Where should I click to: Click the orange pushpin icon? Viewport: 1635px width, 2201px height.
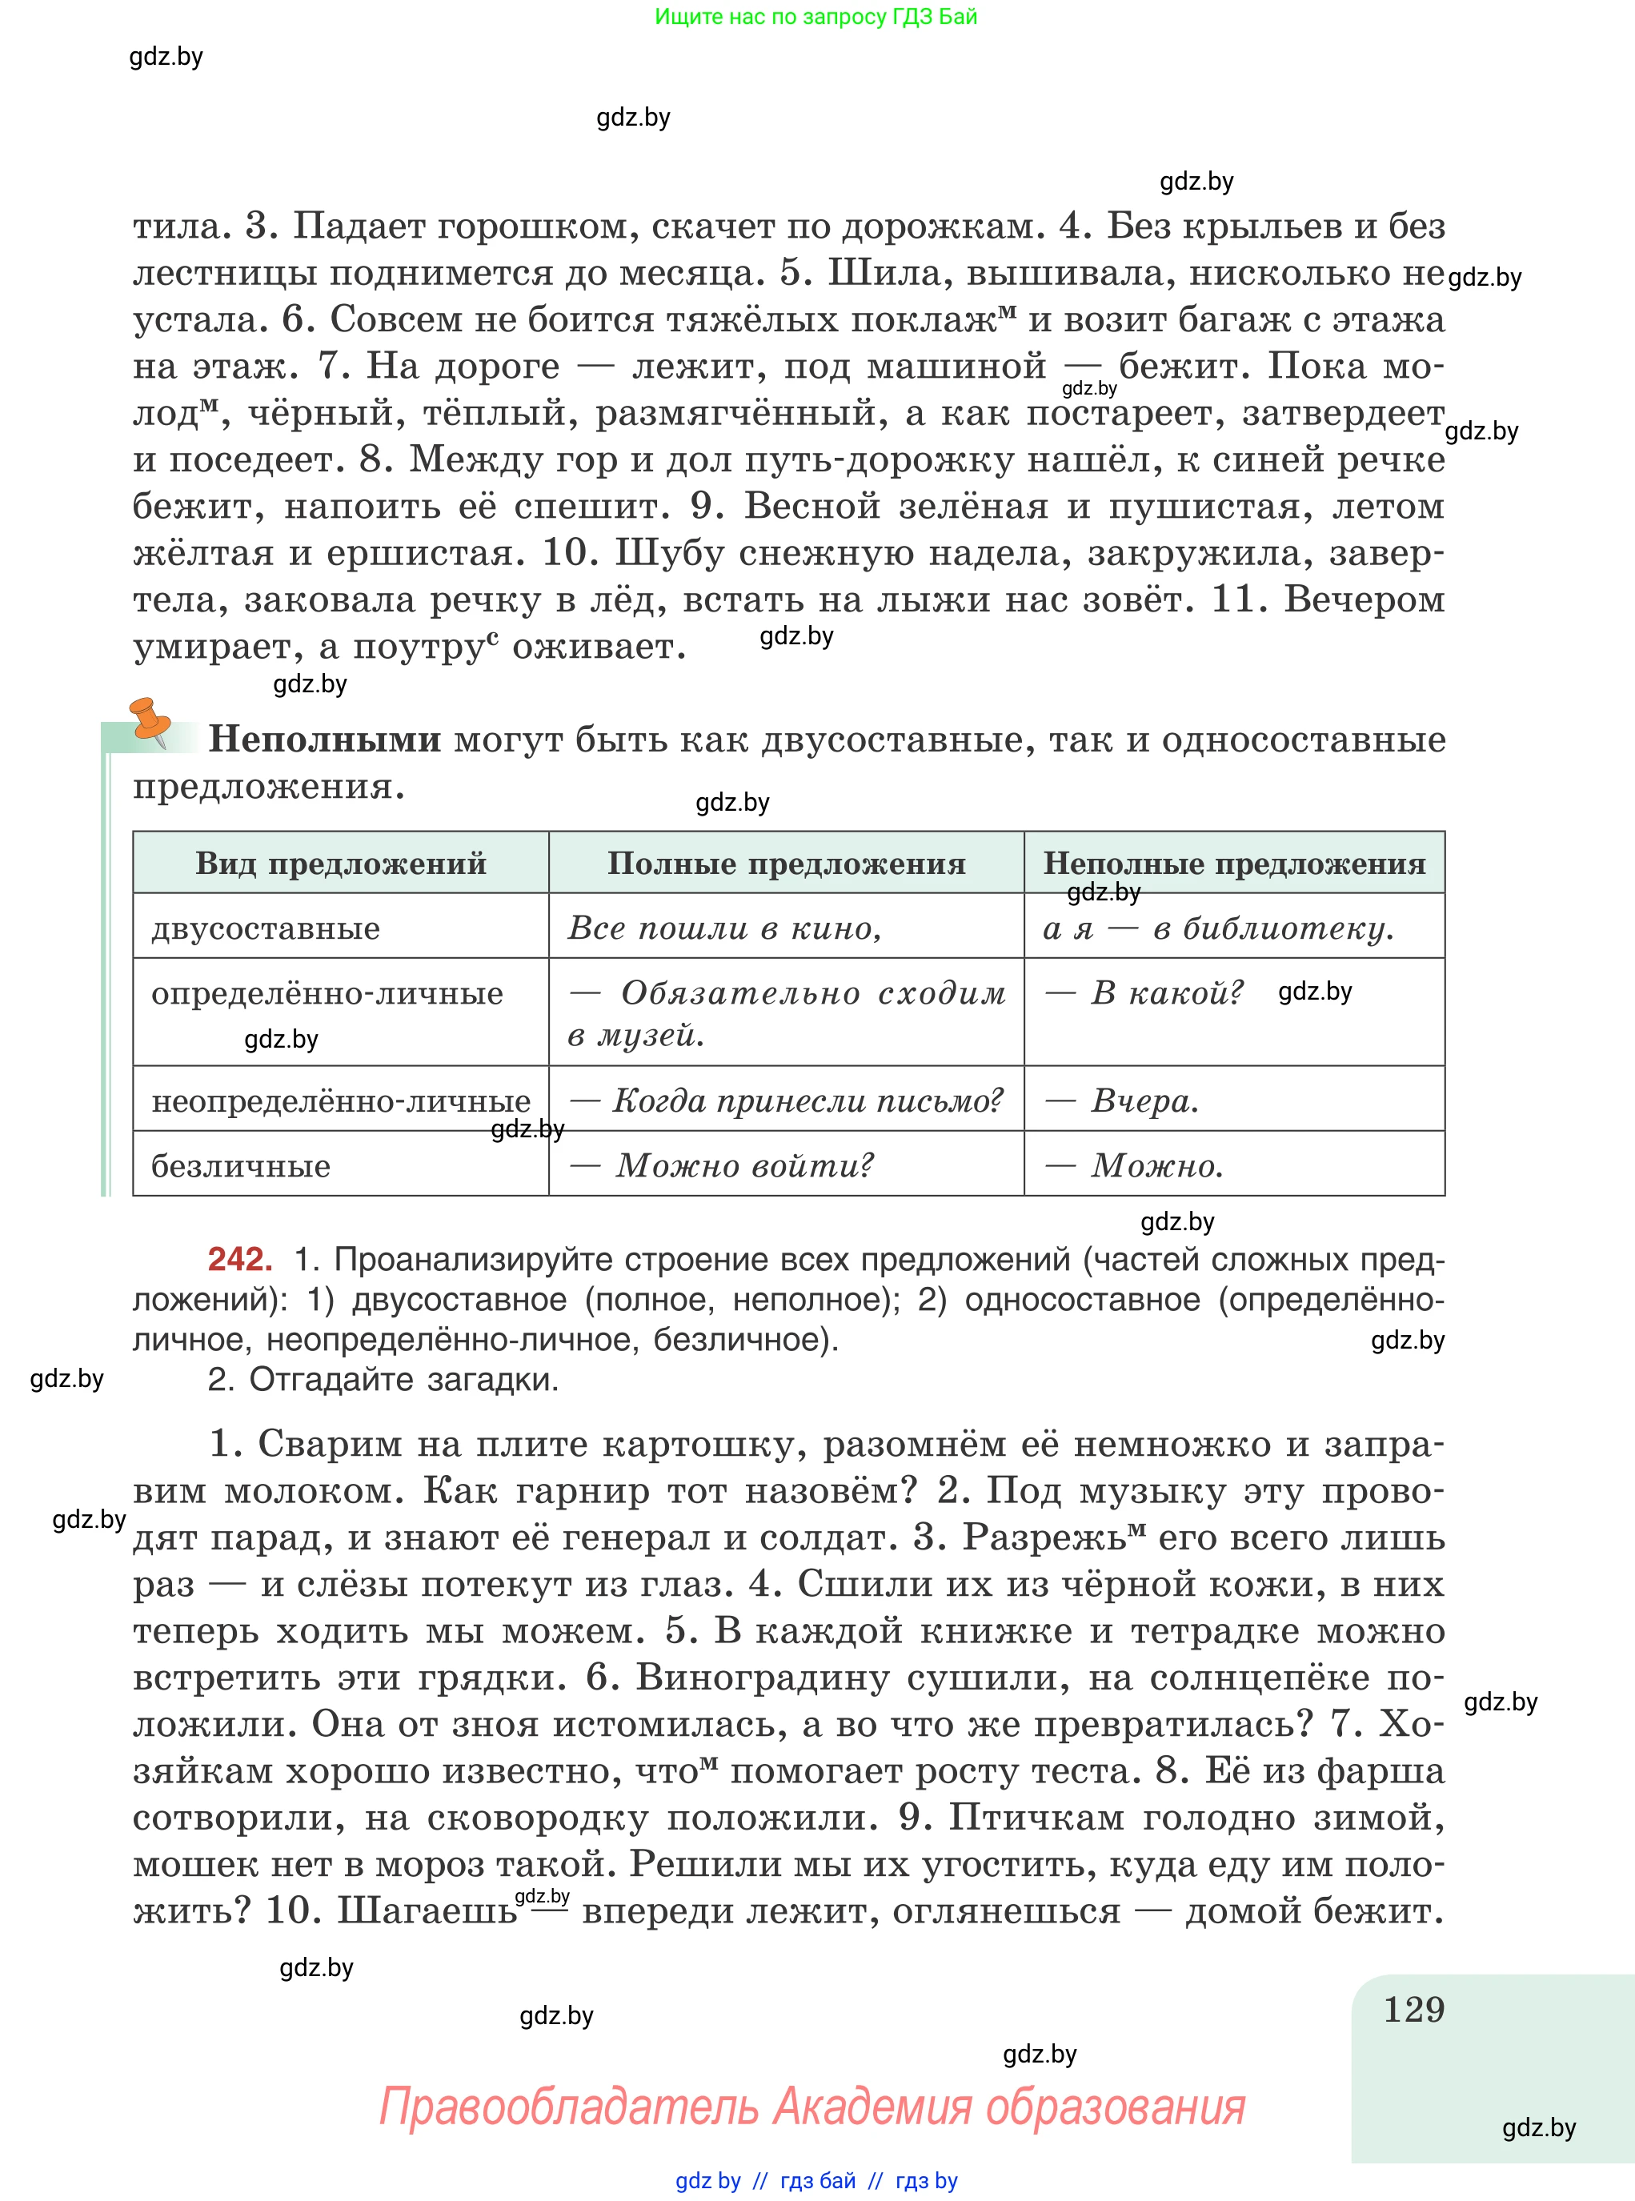pyautogui.click(x=150, y=720)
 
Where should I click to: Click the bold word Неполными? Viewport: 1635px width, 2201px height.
pyautogui.click(x=325, y=740)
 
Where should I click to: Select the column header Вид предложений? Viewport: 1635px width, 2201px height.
pyautogui.click(x=340, y=863)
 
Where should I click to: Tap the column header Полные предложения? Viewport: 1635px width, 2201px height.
pyautogui.click(x=786, y=863)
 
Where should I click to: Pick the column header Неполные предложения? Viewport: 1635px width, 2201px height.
pyautogui.click(x=1234, y=863)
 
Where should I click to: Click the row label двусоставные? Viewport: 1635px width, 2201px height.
pyautogui.click(x=265, y=928)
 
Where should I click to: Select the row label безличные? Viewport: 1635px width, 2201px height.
pyautogui.click(x=241, y=1166)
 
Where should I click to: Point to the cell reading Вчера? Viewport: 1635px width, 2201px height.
pyautogui.click(x=1144, y=1100)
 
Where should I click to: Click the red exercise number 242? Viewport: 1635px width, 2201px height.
pyautogui.click(x=239, y=1259)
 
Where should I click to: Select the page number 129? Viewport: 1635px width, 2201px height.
pyautogui.click(x=1413, y=2009)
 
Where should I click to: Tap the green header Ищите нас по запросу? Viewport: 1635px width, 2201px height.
pyautogui.click(x=815, y=17)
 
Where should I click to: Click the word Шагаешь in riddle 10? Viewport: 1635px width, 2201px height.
pyautogui.click(x=427, y=1910)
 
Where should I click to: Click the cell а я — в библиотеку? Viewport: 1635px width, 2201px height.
pyautogui.click(x=1218, y=928)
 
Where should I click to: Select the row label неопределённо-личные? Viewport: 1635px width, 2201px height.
pyautogui.click(x=340, y=1100)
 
